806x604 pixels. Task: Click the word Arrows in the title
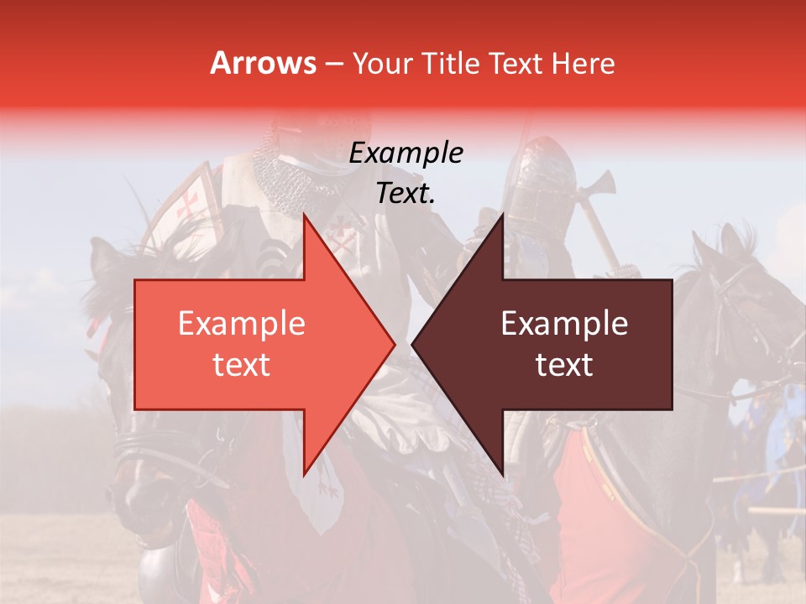point(264,63)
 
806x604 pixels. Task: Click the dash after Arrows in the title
point(334,65)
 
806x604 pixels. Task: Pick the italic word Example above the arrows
point(406,153)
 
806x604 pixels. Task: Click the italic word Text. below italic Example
point(406,193)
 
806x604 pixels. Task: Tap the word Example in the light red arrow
point(241,324)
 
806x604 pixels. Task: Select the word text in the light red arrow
point(241,365)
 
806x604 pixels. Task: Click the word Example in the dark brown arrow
point(564,324)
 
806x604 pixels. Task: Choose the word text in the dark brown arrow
point(564,365)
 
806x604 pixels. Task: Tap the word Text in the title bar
point(517,63)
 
